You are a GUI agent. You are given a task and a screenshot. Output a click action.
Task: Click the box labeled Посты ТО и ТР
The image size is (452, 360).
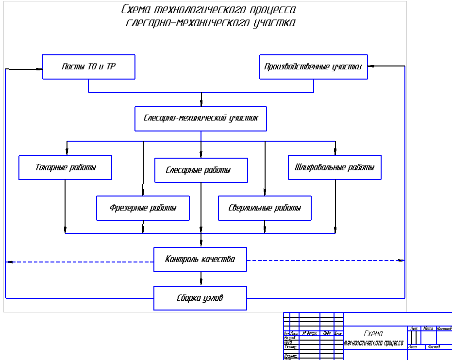click(x=88, y=67)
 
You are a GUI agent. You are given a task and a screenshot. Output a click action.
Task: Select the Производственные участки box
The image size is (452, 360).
click(x=314, y=67)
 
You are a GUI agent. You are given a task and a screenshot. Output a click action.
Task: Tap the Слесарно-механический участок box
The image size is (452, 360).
click(x=201, y=118)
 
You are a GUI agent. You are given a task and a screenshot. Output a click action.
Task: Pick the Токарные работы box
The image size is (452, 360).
click(x=66, y=167)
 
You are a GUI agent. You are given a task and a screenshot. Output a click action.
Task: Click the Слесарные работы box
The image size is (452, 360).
click(x=201, y=170)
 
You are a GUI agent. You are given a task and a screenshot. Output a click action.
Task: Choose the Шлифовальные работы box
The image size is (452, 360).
click(x=335, y=167)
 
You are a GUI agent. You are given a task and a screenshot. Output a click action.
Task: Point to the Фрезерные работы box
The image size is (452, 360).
click(x=143, y=208)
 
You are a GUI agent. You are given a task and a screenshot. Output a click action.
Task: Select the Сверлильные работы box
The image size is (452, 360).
click(x=265, y=208)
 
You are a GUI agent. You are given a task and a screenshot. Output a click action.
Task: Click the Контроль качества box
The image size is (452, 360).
click(x=200, y=260)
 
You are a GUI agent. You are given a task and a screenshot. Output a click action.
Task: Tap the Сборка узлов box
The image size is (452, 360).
click(x=200, y=298)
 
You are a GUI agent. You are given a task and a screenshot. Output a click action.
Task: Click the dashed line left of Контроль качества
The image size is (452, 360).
click(x=80, y=262)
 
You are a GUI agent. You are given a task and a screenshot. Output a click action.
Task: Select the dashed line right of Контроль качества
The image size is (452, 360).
click(x=325, y=261)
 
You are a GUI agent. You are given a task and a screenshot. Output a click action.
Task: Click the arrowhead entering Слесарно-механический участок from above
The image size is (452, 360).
click(x=201, y=103)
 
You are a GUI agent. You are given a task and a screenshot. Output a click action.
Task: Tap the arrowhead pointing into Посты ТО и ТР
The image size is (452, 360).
click(x=38, y=69)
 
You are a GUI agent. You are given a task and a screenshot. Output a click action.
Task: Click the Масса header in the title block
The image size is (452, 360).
click(x=428, y=329)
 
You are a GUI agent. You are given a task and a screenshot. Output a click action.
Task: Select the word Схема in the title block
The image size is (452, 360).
click(x=373, y=333)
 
